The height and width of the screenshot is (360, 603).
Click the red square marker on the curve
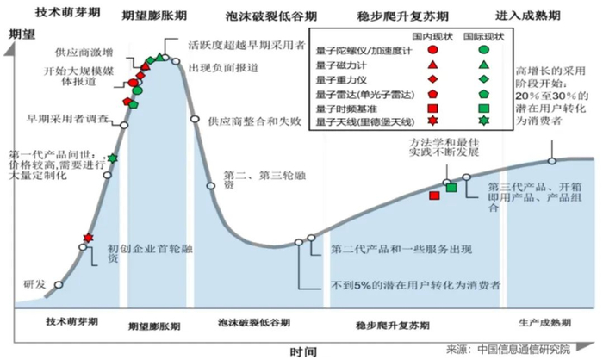(x=434, y=195)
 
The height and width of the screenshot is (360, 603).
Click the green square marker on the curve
(x=451, y=187)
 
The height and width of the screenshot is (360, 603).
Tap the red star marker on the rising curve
(x=88, y=238)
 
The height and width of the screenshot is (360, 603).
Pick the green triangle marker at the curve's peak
(x=152, y=59)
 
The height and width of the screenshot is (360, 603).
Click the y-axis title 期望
(x=20, y=34)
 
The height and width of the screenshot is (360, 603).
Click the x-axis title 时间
(x=302, y=351)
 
